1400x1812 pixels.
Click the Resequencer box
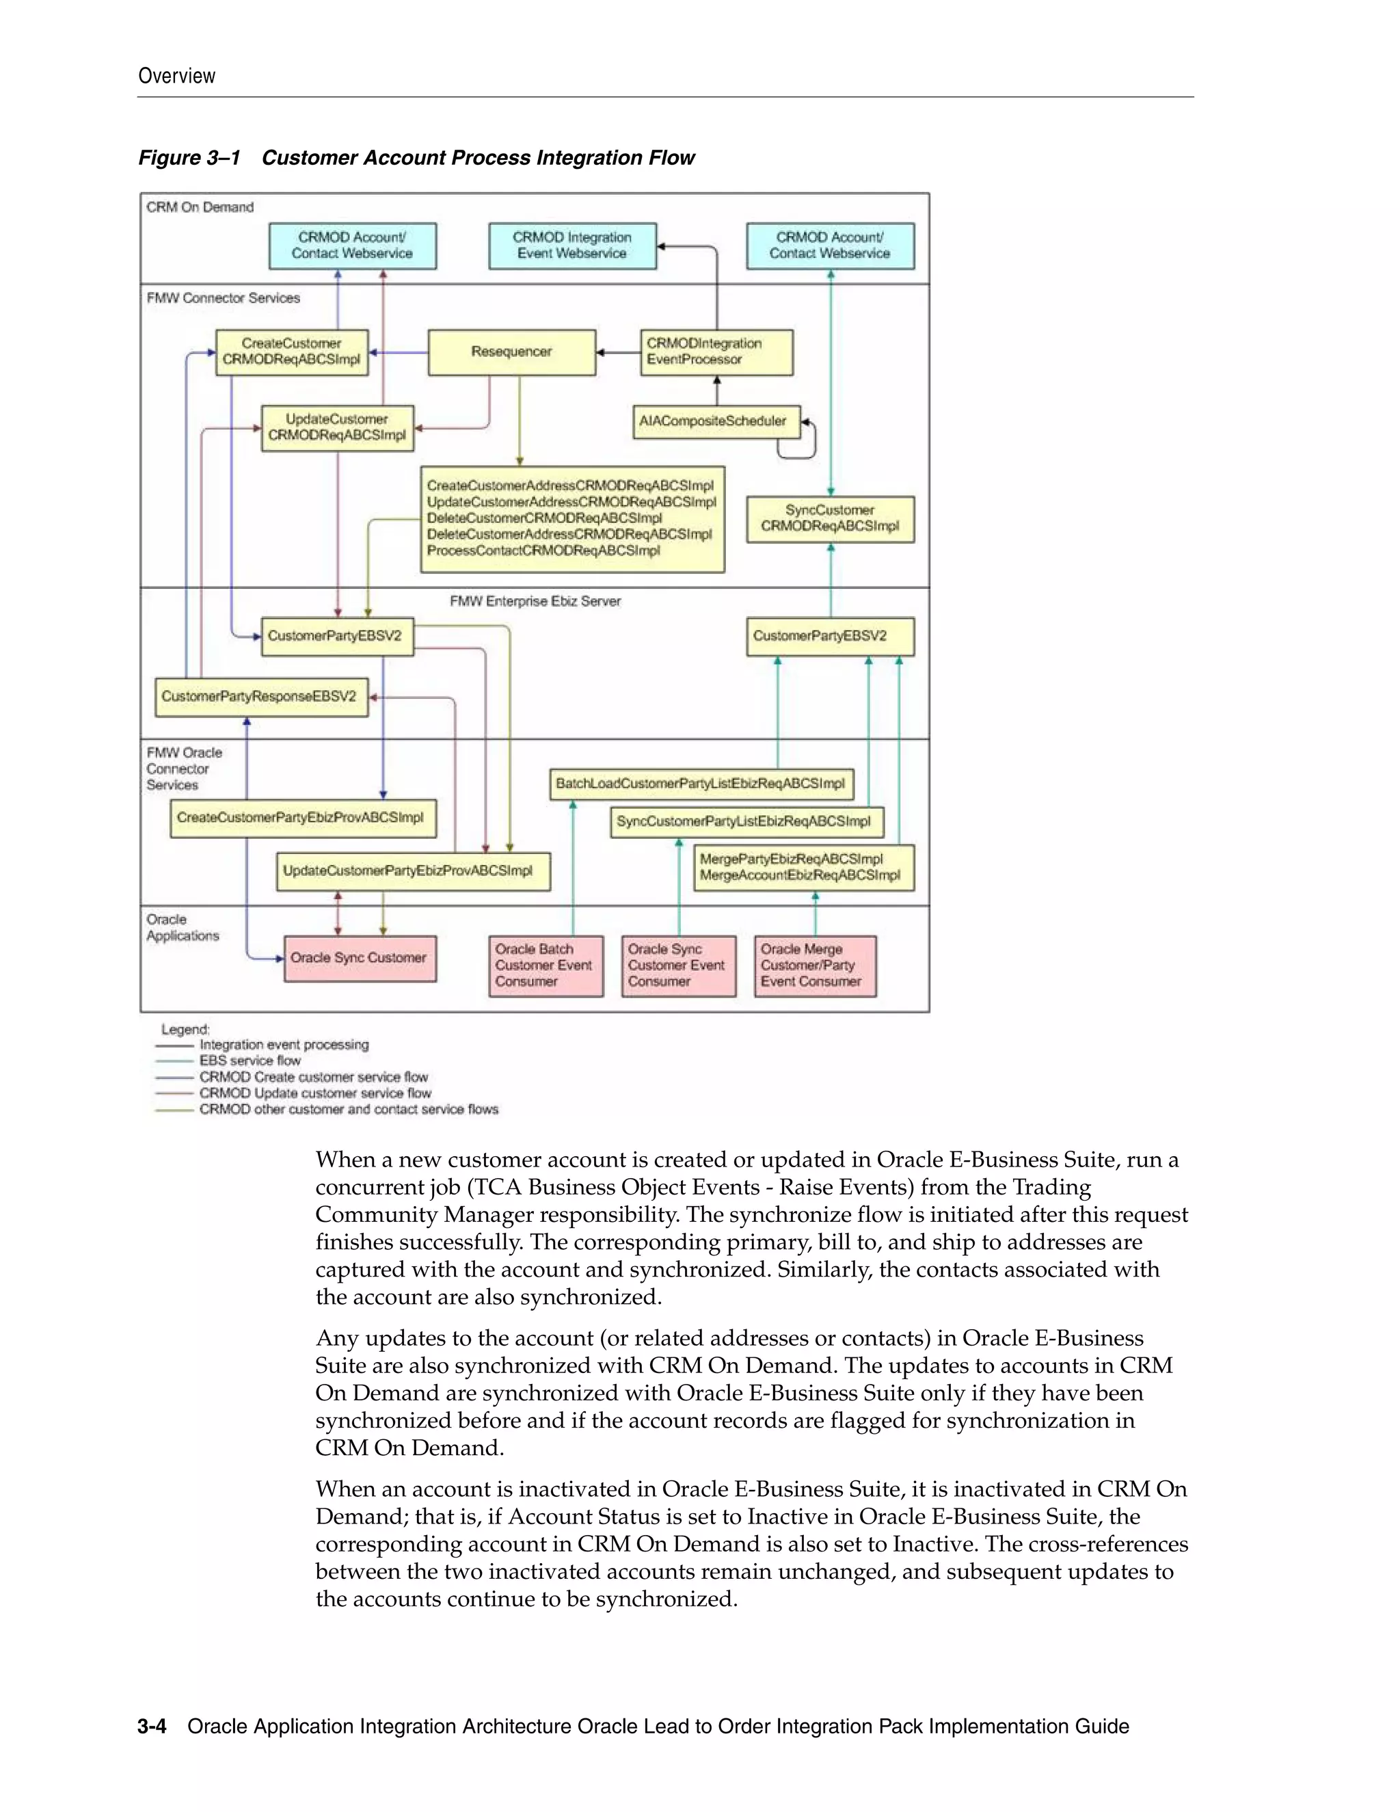coord(512,351)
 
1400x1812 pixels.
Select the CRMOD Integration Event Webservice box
coord(572,245)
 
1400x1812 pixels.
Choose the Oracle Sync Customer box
coord(360,958)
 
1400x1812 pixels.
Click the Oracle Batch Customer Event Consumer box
coord(545,965)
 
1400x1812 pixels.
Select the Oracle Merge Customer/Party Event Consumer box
coord(814,965)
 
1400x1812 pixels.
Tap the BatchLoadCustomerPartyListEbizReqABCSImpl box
coord(701,783)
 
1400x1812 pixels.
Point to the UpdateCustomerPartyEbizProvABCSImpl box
coord(412,871)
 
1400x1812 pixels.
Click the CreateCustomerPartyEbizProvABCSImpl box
coord(303,818)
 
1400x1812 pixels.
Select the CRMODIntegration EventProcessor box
coord(716,351)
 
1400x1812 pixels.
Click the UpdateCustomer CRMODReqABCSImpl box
coord(337,427)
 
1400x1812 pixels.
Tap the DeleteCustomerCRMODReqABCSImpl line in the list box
coord(545,518)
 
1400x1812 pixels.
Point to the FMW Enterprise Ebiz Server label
coord(535,602)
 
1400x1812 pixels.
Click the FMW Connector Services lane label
coord(223,298)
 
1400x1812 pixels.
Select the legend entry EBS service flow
coord(250,1061)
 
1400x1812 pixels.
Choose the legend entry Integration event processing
coord(284,1045)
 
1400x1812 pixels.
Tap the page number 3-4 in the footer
coord(152,1727)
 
